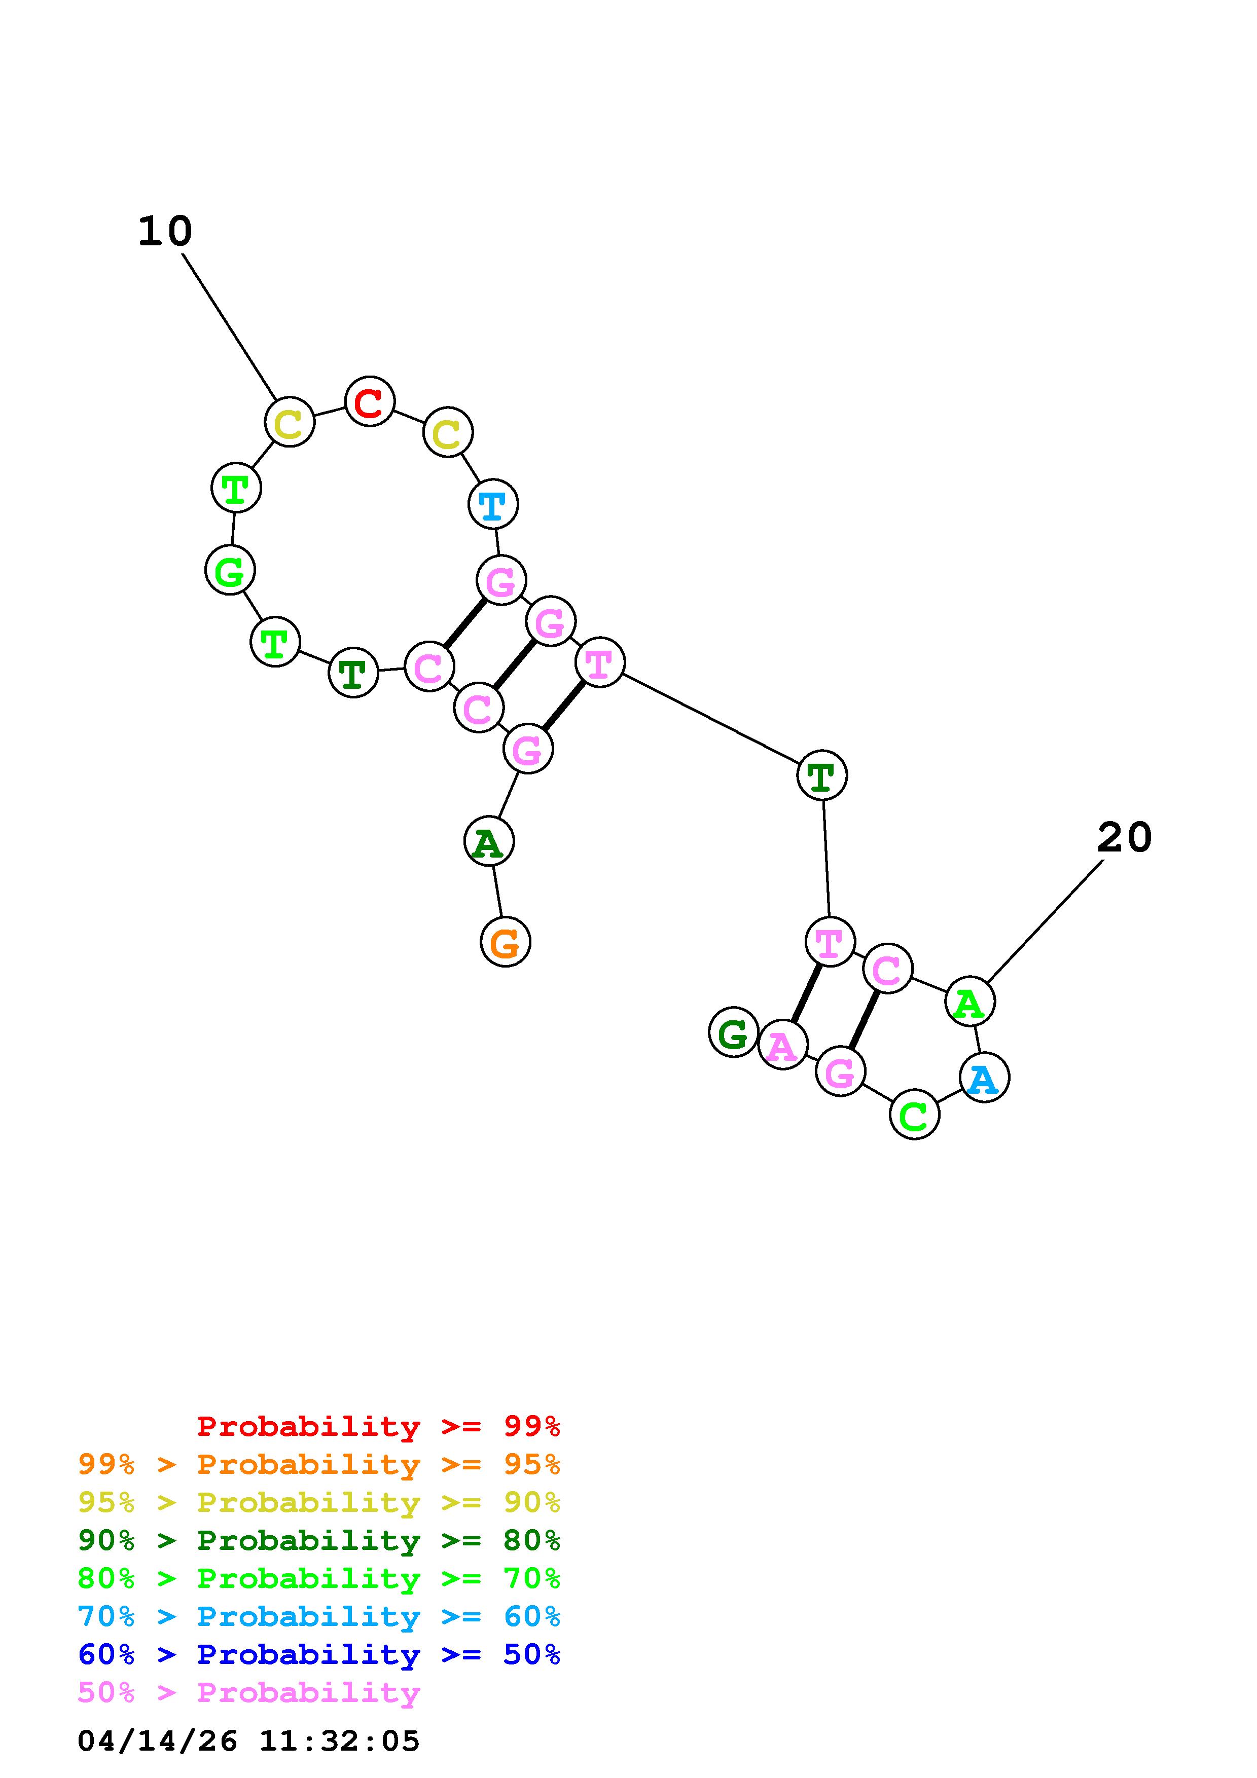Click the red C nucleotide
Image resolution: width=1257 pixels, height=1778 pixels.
point(370,401)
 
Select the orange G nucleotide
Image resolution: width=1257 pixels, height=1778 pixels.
point(506,942)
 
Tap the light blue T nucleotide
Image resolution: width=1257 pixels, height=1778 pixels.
point(492,505)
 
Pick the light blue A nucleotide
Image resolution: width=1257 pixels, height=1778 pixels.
point(984,1078)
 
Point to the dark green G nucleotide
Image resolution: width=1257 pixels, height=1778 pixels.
point(733,1032)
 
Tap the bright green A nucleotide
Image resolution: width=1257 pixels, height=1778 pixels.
point(969,1002)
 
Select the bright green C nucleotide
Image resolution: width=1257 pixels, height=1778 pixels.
point(914,1115)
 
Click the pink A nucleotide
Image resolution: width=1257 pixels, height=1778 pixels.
point(782,1045)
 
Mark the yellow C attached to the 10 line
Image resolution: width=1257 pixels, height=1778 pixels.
point(289,423)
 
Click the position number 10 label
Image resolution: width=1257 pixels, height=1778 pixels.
point(164,232)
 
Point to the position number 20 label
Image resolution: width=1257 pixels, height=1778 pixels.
point(1125,838)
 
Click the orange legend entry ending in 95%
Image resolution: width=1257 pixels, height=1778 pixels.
point(319,1464)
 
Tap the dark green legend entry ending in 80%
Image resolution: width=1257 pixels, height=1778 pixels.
point(319,1540)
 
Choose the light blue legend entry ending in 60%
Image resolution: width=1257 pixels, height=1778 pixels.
point(319,1616)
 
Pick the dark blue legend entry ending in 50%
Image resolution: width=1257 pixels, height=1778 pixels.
point(319,1654)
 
